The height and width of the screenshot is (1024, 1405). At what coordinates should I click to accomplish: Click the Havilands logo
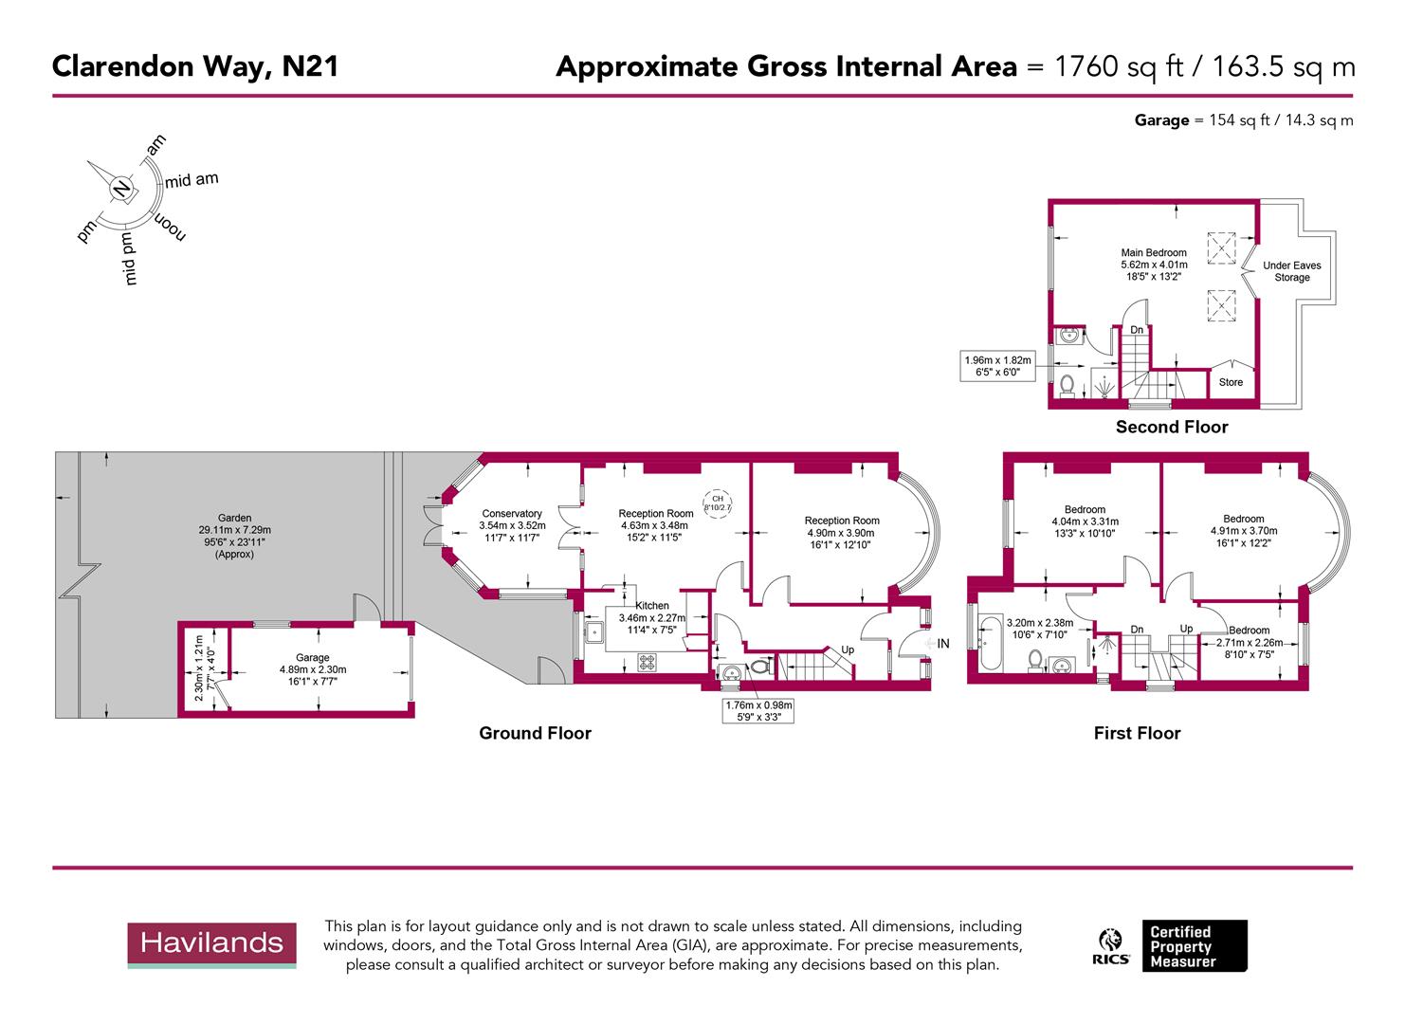pos(211,944)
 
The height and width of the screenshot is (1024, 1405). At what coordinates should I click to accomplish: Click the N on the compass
pos(121,189)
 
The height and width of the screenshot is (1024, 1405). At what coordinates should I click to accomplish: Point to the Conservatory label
pos(512,514)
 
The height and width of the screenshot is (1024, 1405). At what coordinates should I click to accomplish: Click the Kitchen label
pos(652,606)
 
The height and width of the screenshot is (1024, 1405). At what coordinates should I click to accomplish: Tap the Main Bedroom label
pos(1153,253)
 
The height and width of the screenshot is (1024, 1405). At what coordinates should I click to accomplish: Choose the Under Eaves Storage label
pos(1291,272)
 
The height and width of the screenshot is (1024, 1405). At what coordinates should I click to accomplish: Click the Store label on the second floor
pos(1231,383)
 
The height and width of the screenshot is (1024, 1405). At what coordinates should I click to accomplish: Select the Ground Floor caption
pos(535,733)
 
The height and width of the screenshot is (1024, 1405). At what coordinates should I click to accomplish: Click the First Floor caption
pos(1137,733)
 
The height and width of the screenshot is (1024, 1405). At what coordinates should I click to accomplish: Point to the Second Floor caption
pos(1171,428)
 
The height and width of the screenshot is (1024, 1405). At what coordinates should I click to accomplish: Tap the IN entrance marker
pos(941,644)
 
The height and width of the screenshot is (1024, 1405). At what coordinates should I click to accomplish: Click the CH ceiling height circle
pos(717,503)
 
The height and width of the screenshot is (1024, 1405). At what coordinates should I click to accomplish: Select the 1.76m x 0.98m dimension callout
pos(758,711)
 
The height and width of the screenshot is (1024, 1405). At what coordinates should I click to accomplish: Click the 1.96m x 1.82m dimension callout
pos(996,366)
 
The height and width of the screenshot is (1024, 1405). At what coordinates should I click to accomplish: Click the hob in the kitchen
pos(648,663)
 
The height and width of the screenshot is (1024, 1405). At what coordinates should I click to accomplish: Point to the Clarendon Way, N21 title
pos(194,66)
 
